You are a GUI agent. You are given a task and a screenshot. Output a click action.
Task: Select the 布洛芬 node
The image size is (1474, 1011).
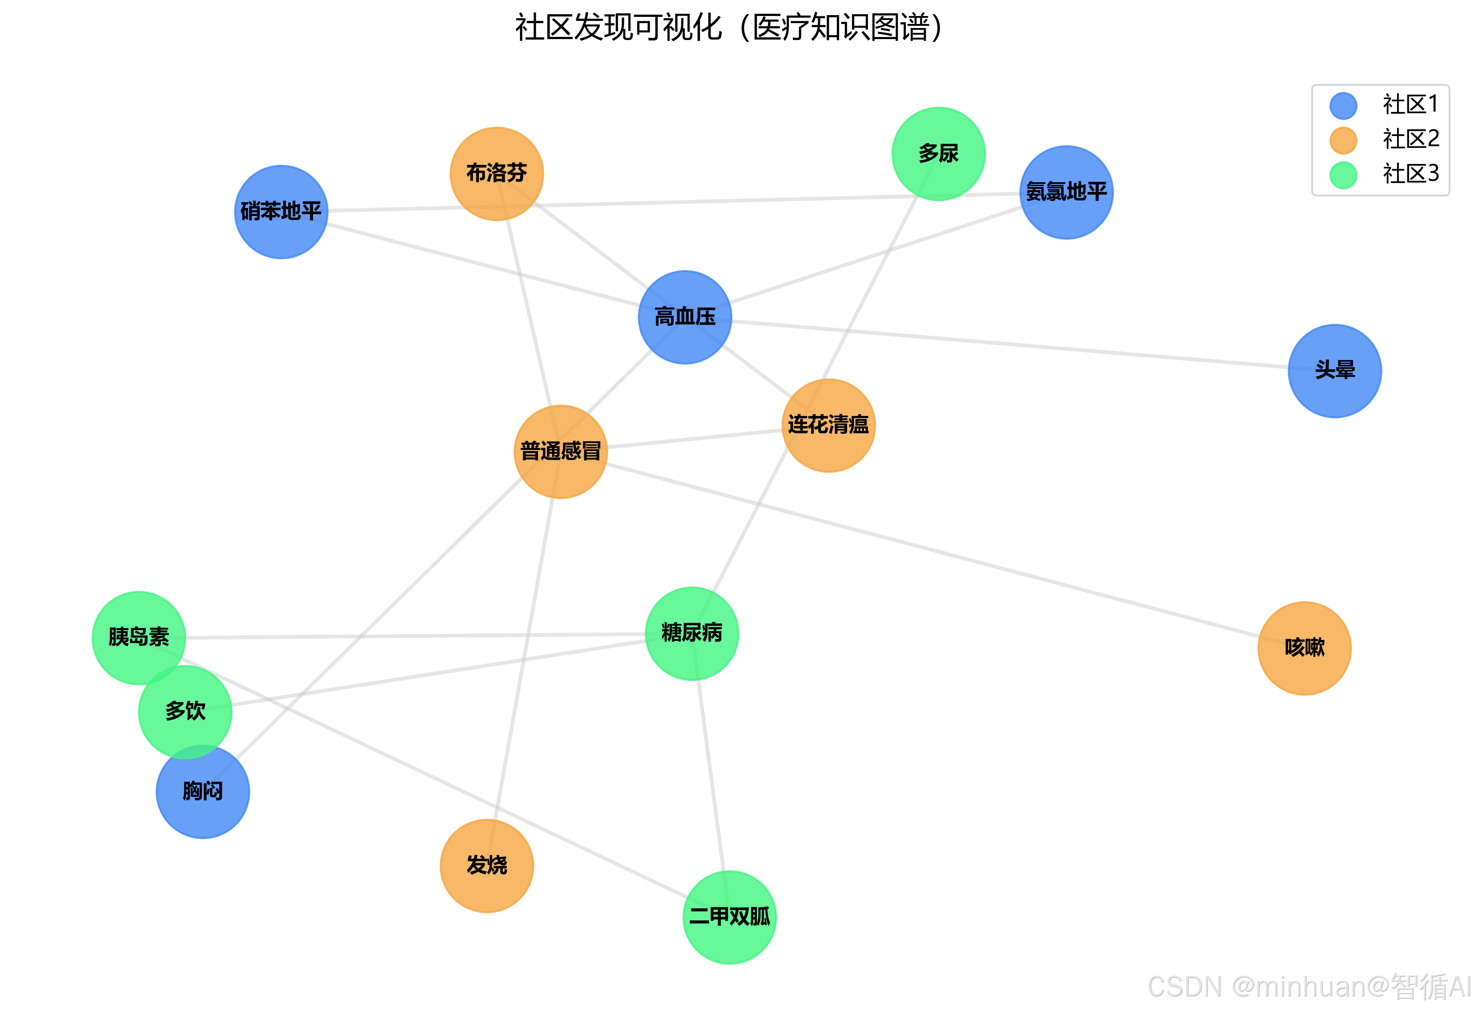(x=497, y=174)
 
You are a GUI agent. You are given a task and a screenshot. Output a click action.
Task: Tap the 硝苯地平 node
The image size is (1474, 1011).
(x=281, y=212)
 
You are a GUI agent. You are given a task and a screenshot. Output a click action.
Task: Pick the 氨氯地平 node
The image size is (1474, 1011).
(x=1066, y=192)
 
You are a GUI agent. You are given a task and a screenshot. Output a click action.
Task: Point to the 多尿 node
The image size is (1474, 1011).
(x=938, y=153)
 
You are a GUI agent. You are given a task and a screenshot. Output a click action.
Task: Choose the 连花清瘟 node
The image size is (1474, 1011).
(x=828, y=425)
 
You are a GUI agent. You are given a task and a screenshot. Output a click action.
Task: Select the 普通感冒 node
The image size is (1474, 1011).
(x=561, y=452)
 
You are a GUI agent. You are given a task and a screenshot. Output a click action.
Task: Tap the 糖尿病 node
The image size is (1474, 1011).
(x=691, y=633)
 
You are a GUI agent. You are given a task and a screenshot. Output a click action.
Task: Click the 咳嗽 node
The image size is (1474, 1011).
(x=1304, y=648)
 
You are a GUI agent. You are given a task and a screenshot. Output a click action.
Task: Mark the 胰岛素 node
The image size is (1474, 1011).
(x=138, y=637)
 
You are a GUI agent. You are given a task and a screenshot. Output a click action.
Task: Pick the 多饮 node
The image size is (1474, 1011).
(x=185, y=711)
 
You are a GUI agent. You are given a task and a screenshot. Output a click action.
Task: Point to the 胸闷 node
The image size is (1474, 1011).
(x=203, y=792)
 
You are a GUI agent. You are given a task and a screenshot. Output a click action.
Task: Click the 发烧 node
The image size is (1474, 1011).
(x=486, y=865)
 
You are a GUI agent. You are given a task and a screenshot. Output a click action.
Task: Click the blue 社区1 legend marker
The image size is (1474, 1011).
(x=1343, y=105)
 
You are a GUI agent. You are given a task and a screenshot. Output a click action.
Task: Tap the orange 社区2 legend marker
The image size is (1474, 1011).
(x=1343, y=140)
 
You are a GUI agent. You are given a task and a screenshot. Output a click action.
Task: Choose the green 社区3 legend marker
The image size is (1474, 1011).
(x=1343, y=175)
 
